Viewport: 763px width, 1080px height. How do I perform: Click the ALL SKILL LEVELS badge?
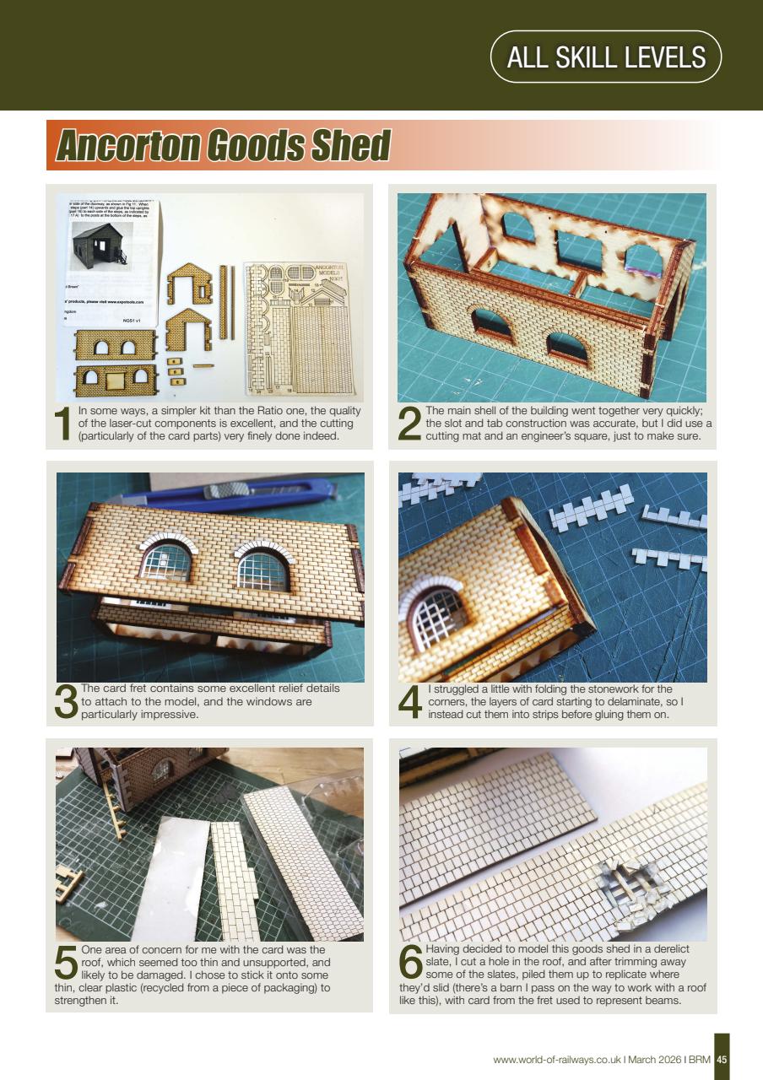tap(605, 57)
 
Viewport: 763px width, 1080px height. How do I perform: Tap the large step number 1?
tap(64, 424)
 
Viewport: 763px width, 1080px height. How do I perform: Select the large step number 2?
tap(409, 424)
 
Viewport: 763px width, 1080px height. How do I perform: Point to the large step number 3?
tap(66, 703)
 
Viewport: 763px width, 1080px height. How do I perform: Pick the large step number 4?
tap(409, 703)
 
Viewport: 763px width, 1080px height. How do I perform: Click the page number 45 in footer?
tap(722, 1059)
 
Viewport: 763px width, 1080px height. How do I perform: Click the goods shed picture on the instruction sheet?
tap(99, 244)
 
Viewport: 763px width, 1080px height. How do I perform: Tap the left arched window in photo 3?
tap(166, 559)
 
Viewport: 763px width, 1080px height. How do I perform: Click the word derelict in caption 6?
tap(666, 949)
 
